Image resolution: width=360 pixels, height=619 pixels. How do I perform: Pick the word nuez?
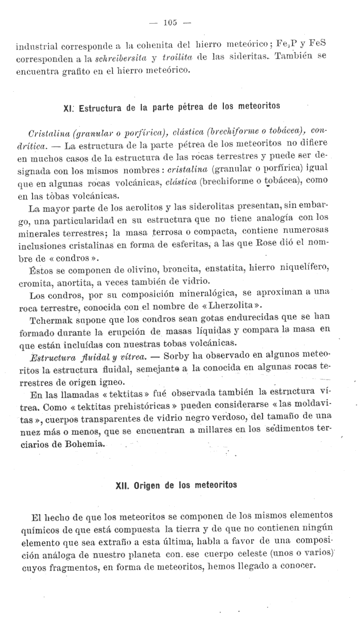(30, 433)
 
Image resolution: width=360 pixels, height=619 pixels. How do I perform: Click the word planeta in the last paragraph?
(140, 553)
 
